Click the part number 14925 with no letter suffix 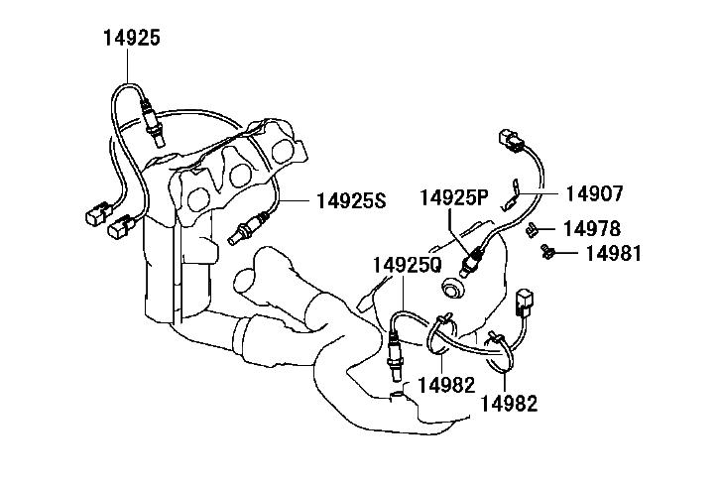(x=132, y=38)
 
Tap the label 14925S (x=352, y=200)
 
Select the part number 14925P (x=454, y=197)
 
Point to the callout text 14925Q (x=408, y=265)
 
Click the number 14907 (x=594, y=193)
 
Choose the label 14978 (x=592, y=228)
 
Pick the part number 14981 (x=613, y=253)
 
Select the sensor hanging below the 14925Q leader (x=395, y=355)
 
